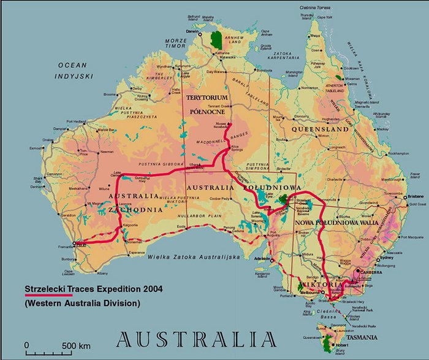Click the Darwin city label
tap(191, 29)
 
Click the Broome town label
tap(110, 94)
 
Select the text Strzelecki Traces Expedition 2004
tap(87, 289)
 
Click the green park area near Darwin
tap(216, 39)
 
